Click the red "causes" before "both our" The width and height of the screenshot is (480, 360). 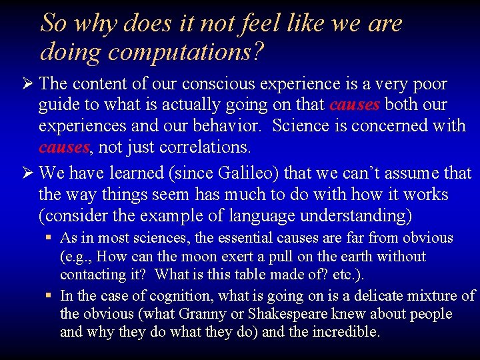[x=355, y=105]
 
